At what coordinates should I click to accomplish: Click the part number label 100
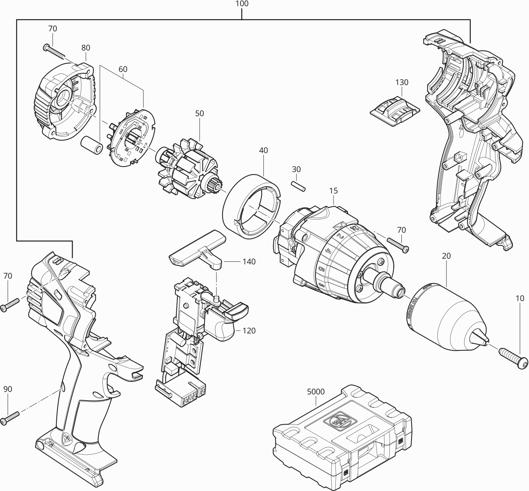(x=242, y=4)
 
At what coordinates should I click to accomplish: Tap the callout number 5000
(x=316, y=391)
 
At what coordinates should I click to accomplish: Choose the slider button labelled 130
(x=395, y=110)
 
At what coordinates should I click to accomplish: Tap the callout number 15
(x=334, y=191)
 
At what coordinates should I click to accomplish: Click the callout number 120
(x=249, y=331)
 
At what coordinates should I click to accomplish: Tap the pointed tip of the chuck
(x=484, y=339)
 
